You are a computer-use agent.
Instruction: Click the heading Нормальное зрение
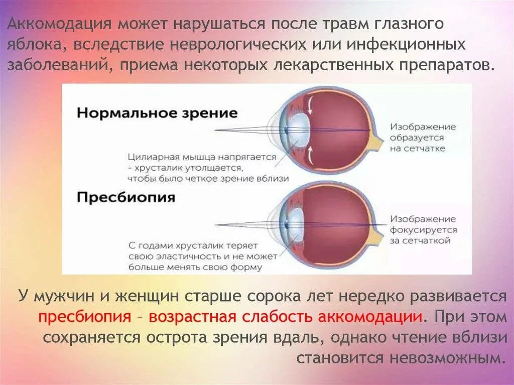click(x=157, y=112)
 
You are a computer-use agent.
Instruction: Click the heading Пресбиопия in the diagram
click(x=126, y=197)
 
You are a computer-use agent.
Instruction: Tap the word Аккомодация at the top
click(x=60, y=25)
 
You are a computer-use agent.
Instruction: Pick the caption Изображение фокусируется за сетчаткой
click(x=423, y=230)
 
